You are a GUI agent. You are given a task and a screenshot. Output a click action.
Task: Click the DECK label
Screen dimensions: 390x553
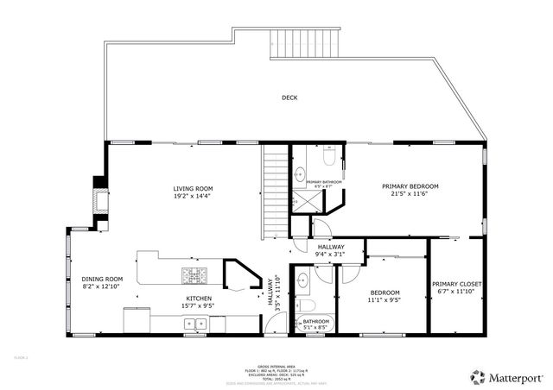pyautogui.click(x=289, y=97)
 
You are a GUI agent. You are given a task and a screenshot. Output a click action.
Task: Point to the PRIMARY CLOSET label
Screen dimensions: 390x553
pyautogui.click(x=457, y=284)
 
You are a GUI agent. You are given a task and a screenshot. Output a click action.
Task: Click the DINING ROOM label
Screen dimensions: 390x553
pyautogui.click(x=102, y=279)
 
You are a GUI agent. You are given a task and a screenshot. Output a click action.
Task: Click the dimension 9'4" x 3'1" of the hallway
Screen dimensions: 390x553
pyautogui.click(x=329, y=254)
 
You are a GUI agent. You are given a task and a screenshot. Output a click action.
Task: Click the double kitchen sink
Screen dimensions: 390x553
pyautogui.click(x=194, y=324)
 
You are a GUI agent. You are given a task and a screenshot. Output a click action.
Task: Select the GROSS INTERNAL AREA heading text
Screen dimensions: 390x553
pyautogui.click(x=276, y=366)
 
